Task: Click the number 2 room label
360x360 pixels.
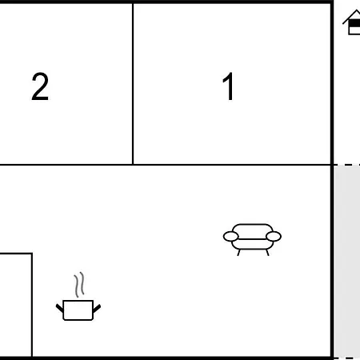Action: point(40,86)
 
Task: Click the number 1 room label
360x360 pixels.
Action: point(229,86)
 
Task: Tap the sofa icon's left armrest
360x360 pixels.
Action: point(230,237)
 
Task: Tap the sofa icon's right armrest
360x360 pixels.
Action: point(274,237)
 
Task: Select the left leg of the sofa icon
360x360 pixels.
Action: point(238,253)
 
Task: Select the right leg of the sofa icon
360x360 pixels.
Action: point(267,253)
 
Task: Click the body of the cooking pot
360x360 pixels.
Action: point(78,310)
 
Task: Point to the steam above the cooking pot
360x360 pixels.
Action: point(79,285)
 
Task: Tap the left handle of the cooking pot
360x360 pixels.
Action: point(59,308)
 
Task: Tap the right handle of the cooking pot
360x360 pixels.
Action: point(97,308)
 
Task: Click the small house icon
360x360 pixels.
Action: point(351,22)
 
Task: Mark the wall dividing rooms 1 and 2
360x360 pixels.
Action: point(133,84)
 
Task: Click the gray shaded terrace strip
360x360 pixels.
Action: point(347,262)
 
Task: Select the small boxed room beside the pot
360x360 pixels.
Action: point(15,305)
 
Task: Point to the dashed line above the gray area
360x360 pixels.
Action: point(346,166)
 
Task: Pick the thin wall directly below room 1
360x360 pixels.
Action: point(231,165)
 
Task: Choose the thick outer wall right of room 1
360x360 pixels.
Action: point(332,84)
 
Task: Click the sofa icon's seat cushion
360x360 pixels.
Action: point(252,244)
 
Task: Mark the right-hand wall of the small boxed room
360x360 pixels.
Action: point(32,305)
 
